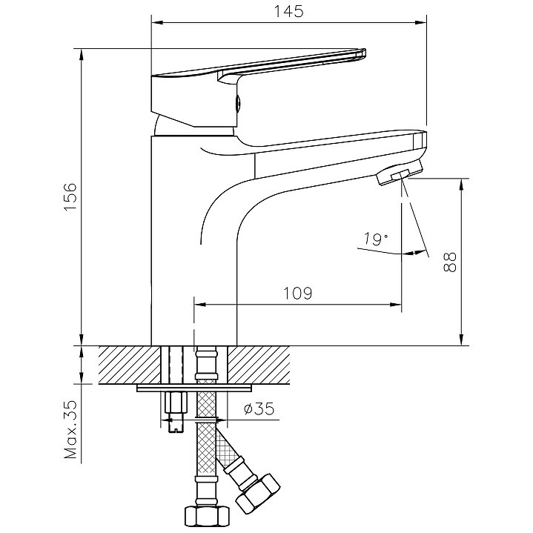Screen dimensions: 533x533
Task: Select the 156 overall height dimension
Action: pos(67,196)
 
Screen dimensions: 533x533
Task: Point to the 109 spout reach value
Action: pos(297,293)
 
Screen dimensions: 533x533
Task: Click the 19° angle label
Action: pos(376,239)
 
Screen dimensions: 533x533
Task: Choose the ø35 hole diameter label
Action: pos(258,407)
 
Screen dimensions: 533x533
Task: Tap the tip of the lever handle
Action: pos(361,52)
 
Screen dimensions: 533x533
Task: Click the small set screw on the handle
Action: pos(237,104)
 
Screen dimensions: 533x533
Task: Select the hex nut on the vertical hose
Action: pos(205,514)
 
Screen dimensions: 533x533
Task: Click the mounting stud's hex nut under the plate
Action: pos(176,405)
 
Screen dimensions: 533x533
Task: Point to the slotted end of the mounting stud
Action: pos(176,425)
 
